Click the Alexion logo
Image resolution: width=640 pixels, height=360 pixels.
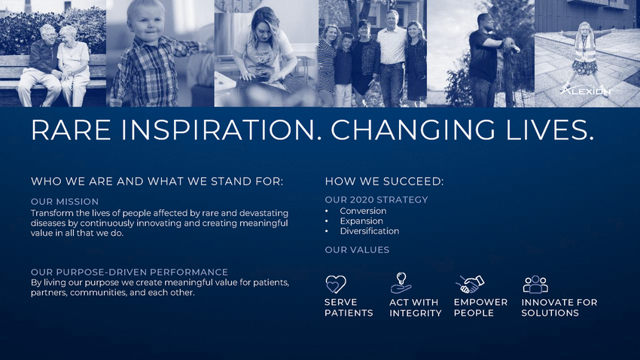pyautogui.click(x=586, y=90)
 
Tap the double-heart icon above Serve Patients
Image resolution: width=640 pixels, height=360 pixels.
pyautogui.click(x=336, y=284)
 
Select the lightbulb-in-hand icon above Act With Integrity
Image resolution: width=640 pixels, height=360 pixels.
pyautogui.click(x=401, y=283)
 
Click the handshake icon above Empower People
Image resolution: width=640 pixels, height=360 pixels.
pyautogui.click(x=469, y=284)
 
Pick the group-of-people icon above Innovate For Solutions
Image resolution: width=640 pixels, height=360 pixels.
pyautogui.click(x=535, y=285)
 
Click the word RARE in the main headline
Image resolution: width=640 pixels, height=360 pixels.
pyautogui.click(x=71, y=130)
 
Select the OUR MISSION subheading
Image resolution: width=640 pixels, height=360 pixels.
pyautogui.click(x=65, y=202)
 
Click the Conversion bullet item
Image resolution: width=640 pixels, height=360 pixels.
pyautogui.click(x=363, y=211)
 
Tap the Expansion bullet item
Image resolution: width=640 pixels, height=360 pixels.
pyautogui.click(x=361, y=221)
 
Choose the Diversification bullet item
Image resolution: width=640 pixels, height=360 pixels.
pyautogui.click(x=370, y=231)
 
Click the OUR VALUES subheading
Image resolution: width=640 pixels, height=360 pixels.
pyautogui.click(x=357, y=250)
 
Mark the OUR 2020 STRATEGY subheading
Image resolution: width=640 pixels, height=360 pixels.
pyautogui.click(x=376, y=200)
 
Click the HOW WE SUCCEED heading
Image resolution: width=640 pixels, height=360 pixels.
pyautogui.click(x=384, y=182)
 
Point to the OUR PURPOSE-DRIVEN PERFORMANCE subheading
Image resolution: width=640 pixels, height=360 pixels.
pyautogui.click(x=130, y=272)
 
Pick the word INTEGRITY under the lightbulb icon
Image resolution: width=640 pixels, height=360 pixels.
pyautogui.click(x=416, y=313)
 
